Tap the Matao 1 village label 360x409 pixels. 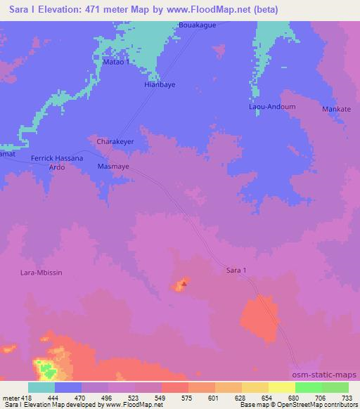[117, 62]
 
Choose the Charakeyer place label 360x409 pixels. [115, 141]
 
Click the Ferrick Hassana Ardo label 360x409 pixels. [57, 163]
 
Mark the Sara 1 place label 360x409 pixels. [238, 270]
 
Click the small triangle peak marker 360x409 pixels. [184, 284]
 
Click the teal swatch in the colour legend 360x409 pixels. [41, 387]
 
